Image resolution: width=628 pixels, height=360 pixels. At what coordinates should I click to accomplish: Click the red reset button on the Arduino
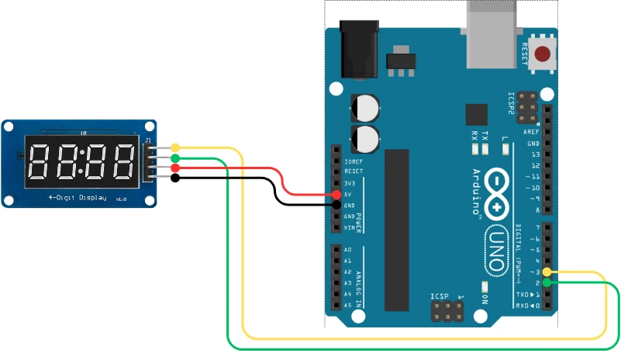coord(543,54)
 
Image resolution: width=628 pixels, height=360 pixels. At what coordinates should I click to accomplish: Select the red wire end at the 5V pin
coord(336,194)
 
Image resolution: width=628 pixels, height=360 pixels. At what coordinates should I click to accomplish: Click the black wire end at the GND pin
coord(336,205)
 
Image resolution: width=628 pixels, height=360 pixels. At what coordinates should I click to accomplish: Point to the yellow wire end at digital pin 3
coord(547,272)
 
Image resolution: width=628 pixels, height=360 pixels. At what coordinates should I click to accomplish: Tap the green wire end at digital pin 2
coord(547,283)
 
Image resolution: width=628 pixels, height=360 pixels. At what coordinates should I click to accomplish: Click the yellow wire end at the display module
coord(175,147)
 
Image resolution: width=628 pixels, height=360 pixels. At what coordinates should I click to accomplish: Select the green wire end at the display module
coord(175,157)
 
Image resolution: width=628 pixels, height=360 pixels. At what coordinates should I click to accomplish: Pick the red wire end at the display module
coord(175,168)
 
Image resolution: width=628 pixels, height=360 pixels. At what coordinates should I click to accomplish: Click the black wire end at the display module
coord(175,178)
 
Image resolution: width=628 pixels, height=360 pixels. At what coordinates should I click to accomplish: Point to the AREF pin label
coord(532,132)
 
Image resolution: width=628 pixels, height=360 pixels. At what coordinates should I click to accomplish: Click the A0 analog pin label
coord(347,250)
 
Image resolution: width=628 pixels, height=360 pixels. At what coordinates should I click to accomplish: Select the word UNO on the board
coord(495,248)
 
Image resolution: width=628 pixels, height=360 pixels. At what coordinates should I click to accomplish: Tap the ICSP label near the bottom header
coord(439,296)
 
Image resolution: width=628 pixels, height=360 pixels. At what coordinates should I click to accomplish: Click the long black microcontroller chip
coord(396,225)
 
